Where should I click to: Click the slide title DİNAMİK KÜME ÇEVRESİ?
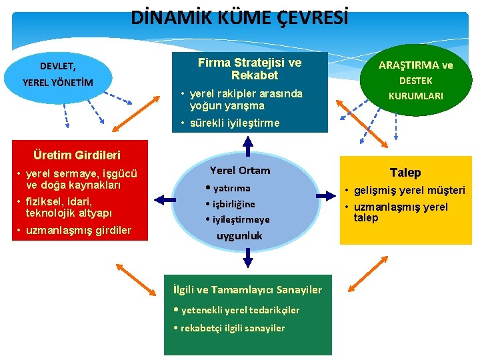(239, 17)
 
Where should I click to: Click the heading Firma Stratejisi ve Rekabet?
(249, 69)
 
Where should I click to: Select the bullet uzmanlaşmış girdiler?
(79, 231)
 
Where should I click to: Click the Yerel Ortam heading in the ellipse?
(240, 170)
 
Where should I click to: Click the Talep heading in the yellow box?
(405, 173)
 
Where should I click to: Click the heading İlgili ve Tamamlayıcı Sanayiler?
(247, 289)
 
